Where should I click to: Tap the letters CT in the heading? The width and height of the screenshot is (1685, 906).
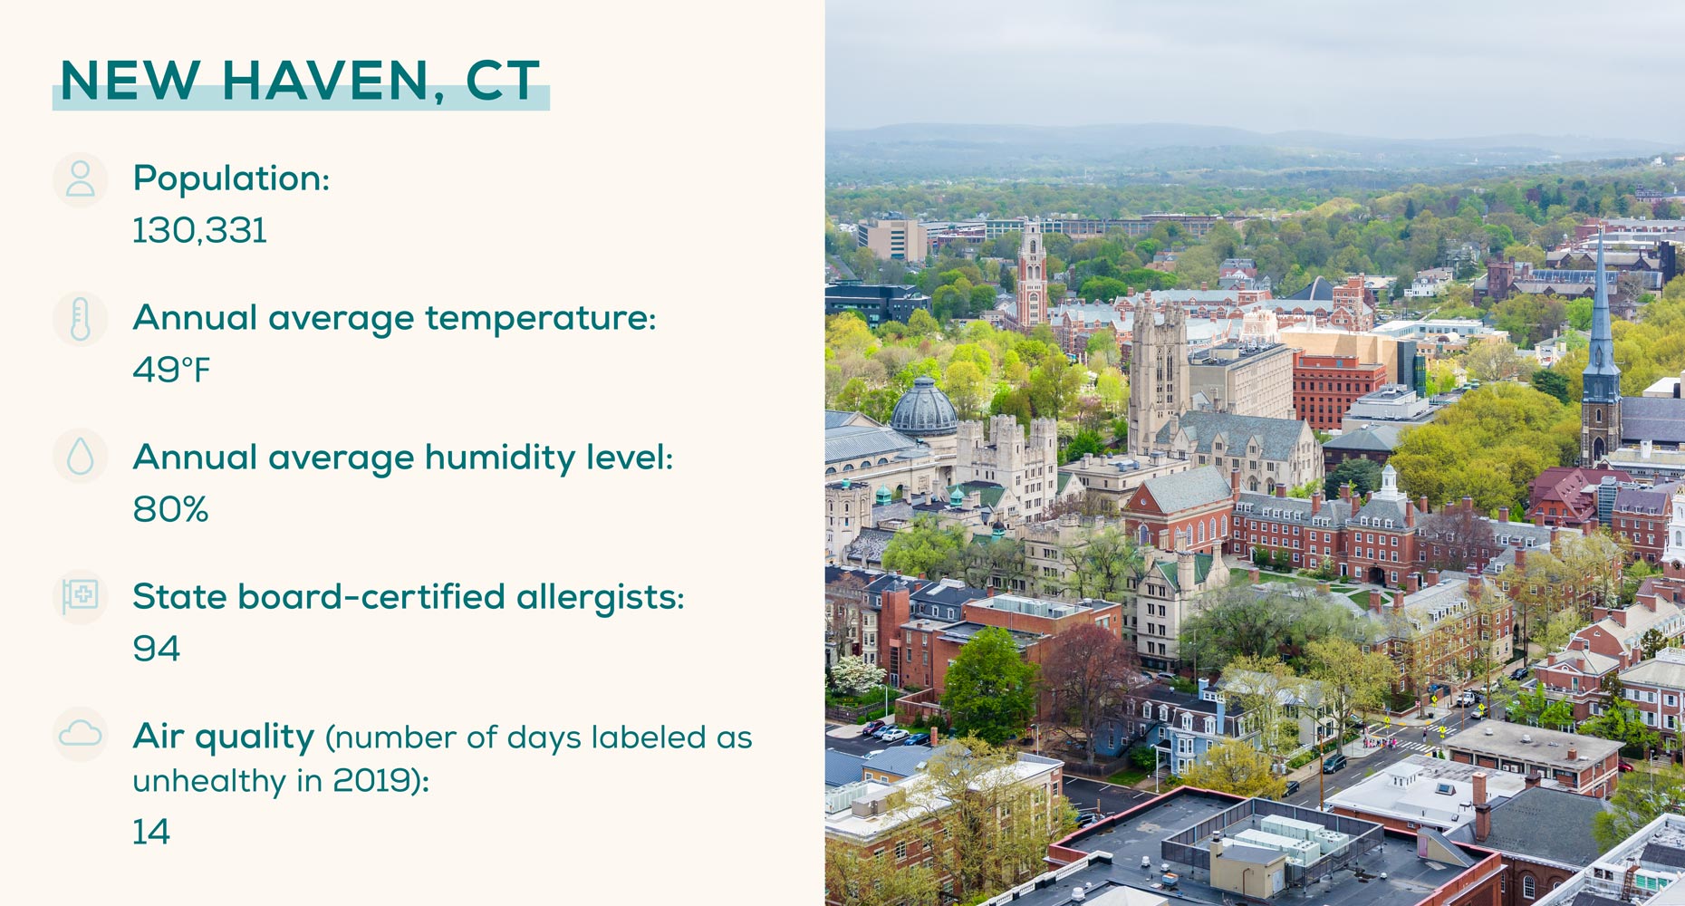[x=503, y=81]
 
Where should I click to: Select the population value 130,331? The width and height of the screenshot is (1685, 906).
[x=200, y=230]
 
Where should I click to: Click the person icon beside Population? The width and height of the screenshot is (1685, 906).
[x=81, y=179]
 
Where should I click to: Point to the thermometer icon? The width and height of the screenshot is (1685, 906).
[x=81, y=319]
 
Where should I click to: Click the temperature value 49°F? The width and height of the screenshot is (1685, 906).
[x=171, y=370]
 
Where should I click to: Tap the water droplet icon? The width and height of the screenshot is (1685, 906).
[x=81, y=457]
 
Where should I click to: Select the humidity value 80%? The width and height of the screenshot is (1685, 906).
[x=170, y=509]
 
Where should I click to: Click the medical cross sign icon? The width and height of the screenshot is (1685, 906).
[x=81, y=596]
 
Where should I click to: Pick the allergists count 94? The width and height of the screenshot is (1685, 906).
[x=157, y=649]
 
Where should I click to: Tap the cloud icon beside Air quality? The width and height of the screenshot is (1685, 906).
[x=81, y=734]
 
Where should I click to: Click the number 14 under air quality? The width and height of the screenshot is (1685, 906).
[x=151, y=832]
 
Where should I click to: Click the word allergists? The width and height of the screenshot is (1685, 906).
[x=600, y=598]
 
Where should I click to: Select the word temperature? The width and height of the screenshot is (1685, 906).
[x=540, y=319]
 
